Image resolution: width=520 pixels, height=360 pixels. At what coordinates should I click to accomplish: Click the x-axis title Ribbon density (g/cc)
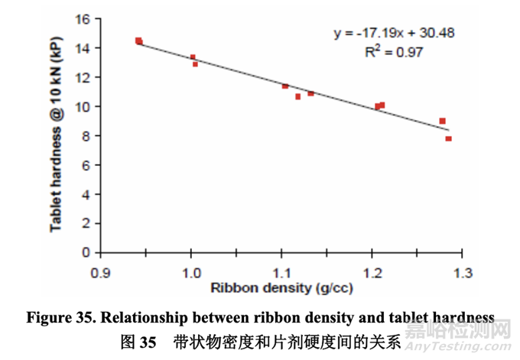(281, 289)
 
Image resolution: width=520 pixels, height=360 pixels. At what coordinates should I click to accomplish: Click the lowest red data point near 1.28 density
(448, 138)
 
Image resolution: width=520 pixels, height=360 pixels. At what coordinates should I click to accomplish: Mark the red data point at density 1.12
(298, 96)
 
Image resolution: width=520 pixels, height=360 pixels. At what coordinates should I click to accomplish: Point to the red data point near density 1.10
(285, 86)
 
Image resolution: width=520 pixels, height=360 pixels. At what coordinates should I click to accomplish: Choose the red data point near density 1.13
(310, 93)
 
